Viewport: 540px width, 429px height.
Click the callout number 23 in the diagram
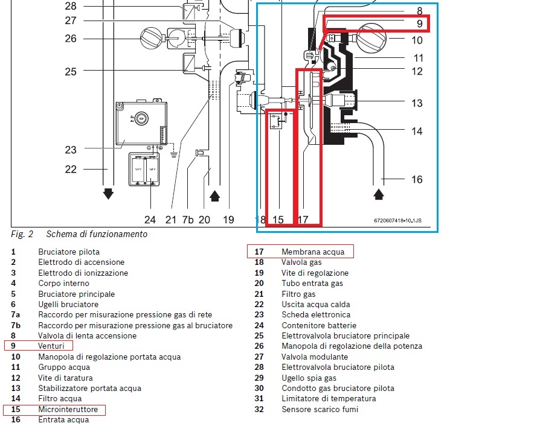[71, 150]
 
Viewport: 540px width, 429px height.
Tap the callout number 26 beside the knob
[71, 39]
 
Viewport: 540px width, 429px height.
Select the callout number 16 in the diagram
[417, 179]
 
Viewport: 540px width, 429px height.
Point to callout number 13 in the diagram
[417, 103]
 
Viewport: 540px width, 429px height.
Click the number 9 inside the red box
[419, 25]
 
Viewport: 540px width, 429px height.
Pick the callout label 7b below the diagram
[189, 220]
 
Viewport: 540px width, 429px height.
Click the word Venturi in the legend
[51, 346]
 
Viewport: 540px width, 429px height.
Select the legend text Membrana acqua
[312, 252]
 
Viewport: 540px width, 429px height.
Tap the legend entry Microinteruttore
[68, 410]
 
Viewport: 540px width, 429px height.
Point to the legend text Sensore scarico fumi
[320, 410]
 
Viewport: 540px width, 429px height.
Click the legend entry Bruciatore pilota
[69, 252]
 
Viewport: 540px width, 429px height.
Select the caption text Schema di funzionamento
[97, 234]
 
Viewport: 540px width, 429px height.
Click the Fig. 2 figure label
[22, 234]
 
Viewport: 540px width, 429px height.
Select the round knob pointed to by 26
[151, 39]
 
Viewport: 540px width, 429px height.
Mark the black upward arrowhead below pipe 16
[379, 195]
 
